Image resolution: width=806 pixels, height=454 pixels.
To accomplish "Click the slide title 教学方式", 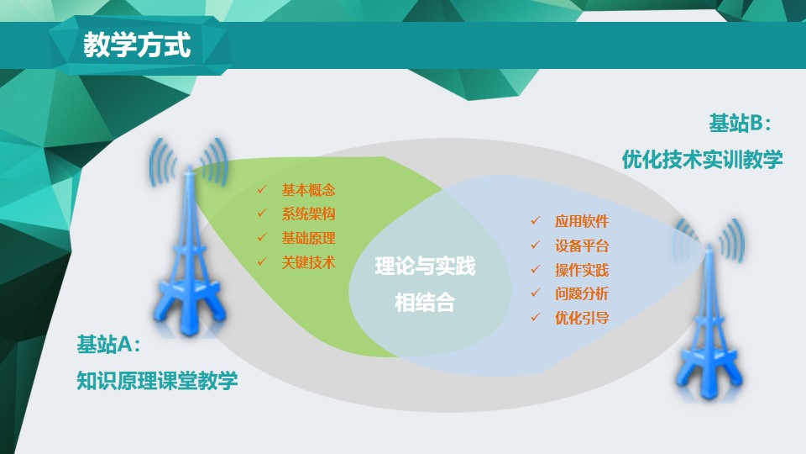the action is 137,45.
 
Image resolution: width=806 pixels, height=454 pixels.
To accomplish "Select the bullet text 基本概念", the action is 308,191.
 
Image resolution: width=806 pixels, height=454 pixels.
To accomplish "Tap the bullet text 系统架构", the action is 308,214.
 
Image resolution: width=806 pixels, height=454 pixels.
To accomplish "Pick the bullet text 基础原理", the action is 308,238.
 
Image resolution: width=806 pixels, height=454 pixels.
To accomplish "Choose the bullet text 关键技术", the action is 308,262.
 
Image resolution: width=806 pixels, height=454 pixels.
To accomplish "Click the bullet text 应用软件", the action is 582,221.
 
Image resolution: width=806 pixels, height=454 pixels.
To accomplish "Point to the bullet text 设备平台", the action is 582,245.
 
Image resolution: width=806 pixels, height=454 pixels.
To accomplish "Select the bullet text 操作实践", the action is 582,270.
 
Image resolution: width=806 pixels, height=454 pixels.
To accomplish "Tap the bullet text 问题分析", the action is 582,294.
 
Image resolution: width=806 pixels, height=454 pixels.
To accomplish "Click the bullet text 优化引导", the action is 582,318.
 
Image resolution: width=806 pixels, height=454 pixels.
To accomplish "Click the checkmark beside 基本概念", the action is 262,189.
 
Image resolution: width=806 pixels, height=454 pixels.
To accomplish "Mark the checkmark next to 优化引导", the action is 536,317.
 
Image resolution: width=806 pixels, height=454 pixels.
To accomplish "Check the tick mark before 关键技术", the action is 262,261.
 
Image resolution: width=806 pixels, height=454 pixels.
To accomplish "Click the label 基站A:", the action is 108,345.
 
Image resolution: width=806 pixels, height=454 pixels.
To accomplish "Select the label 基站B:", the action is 741,124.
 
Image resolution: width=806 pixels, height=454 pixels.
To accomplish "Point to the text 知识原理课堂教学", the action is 157,381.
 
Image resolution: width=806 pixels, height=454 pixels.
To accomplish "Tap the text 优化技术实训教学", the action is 702,160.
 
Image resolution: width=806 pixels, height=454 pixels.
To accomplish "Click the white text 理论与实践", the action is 425,267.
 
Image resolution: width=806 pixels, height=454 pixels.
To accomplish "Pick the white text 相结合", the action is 425,303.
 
